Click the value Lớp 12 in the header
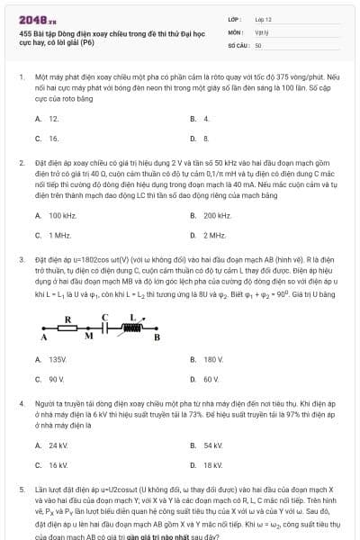pyautogui.click(x=264, y=18)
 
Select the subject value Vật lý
pyautogui.click(x=260, y=31)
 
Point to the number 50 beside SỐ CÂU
pyautogui.click(x=258, y=44)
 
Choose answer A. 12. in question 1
pyautogui.click(x=48, y=119)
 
